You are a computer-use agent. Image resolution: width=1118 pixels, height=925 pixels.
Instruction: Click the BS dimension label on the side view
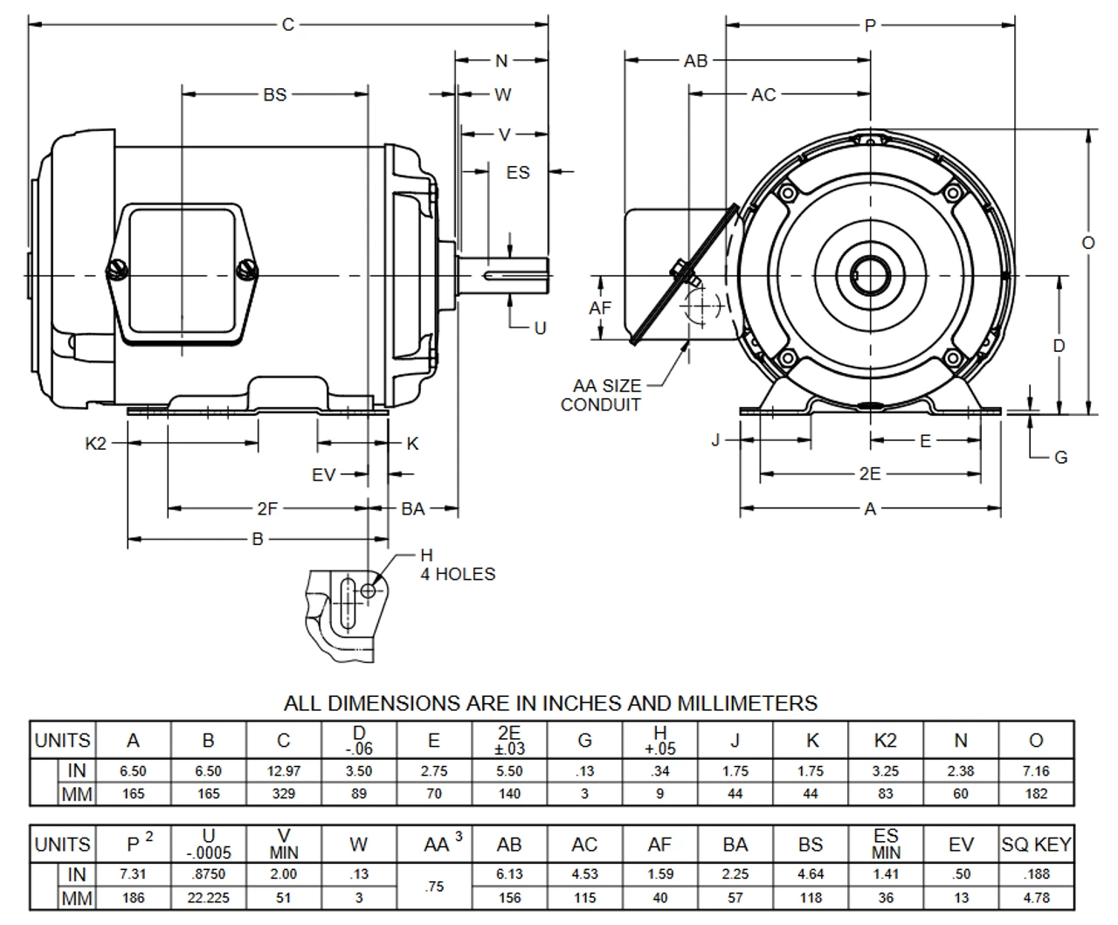[274, 94]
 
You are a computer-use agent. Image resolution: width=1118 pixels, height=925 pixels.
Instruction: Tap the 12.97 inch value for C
[283, 771]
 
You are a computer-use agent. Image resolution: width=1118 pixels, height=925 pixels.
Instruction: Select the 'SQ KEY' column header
[1036, 845]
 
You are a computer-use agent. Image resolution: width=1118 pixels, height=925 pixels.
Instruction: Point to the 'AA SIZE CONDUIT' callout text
[602, 395]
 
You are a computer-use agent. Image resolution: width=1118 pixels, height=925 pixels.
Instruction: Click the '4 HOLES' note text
[458, 574]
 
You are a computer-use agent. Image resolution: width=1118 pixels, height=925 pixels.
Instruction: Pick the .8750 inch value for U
[208, 874]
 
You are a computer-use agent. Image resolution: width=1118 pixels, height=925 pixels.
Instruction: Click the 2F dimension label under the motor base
[267, 508]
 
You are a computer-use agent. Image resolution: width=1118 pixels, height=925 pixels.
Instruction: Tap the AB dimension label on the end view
[696, 60]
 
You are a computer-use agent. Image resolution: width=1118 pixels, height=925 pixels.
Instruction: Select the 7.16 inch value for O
[1036, 771]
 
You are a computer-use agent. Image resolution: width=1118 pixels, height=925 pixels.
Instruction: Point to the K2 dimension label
[95, 443]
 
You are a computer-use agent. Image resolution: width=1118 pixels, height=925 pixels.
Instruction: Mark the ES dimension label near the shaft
[518, 172]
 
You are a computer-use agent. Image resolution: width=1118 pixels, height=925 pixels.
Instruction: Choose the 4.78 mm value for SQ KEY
[1036, 897]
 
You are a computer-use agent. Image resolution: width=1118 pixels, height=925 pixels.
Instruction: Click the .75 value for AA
[434, 886]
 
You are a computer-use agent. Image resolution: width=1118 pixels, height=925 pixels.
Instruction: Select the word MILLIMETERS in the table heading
[742, 703]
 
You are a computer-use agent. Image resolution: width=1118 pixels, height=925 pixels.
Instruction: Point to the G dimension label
[1061, 457]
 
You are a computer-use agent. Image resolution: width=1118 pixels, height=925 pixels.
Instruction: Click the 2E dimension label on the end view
[870, 474]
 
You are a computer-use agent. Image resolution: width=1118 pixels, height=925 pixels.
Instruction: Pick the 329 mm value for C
[283, 794]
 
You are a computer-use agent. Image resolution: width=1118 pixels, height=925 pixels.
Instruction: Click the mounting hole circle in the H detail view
[369, 591]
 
